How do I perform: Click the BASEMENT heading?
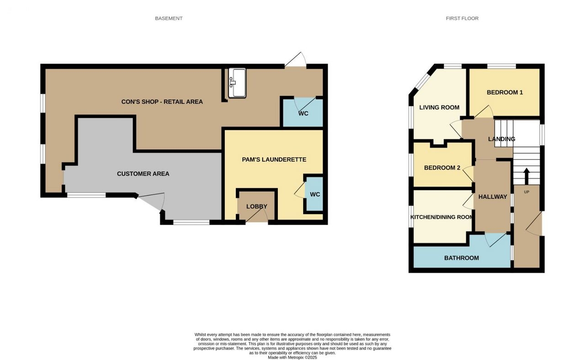point(169,18)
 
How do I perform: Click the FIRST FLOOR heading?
point(462,18)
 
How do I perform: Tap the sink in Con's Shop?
point(237,83)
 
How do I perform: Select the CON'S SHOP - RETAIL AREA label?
point(162,102)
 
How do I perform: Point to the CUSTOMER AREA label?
point(143,174)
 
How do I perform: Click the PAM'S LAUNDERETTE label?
point(274,159)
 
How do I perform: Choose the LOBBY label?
point(257,206)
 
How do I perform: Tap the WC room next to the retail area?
point(303,113)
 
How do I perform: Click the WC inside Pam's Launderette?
point(314,194)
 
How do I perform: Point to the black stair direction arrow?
point(526,176)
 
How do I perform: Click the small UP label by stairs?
point(526,192)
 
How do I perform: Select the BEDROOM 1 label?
point(505,92)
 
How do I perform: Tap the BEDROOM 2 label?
point(442,168)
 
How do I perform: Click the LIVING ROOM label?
point(439,107)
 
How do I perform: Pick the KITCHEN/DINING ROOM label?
point(441,217)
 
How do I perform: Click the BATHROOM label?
point(462,258)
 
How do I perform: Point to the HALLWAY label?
point(493,197)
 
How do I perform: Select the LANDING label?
point(502,139)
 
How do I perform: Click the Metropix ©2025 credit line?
point(292,358)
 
